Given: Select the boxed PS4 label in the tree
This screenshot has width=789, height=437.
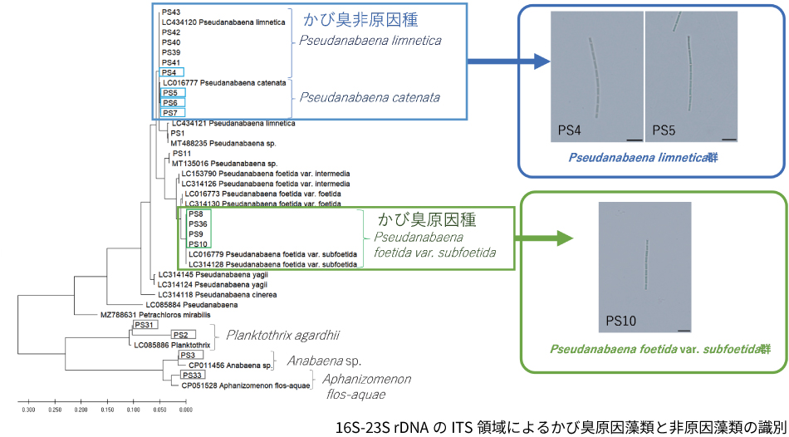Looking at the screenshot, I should point(169,73).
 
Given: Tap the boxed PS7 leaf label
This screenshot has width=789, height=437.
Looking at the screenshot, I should point(170,113).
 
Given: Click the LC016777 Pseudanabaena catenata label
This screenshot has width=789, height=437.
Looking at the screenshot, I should point(224,83).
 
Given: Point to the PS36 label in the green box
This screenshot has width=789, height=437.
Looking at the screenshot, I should point(198,224).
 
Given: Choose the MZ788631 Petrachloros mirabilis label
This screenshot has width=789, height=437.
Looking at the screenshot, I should point(155,316).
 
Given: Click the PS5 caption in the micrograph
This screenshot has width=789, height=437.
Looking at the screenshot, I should point(664,131).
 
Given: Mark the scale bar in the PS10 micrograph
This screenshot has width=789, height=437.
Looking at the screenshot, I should point(684,329).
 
